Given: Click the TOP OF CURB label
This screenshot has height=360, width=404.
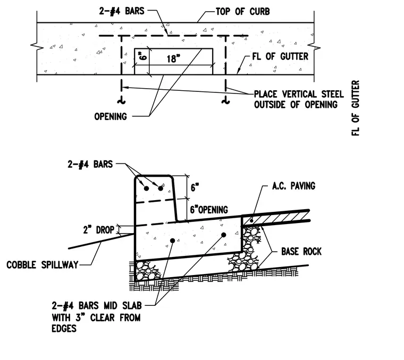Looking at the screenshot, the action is tap(243, 12).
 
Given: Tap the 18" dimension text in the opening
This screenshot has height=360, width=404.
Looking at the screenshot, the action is tap(173, 58).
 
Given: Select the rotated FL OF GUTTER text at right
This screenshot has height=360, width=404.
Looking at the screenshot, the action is tap(355, 108).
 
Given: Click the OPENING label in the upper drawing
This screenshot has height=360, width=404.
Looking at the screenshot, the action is tap(111, 117).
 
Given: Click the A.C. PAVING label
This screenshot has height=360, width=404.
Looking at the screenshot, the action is tap(294, 186).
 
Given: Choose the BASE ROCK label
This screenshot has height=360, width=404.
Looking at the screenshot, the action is tap(301, 251).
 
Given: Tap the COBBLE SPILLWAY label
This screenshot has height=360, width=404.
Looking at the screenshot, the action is tap(42, 265).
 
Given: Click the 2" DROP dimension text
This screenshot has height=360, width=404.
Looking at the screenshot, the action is tap(99, 230).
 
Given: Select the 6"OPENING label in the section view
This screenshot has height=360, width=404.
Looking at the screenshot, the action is tap(209, 210).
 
